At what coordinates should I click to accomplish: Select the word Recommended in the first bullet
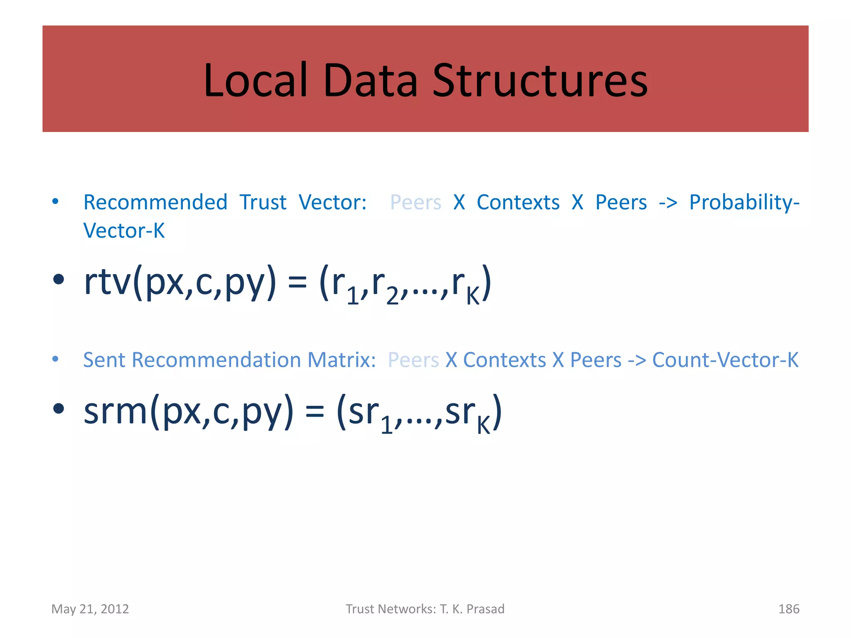155,203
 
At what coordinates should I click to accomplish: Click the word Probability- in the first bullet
744,203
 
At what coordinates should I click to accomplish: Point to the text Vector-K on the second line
124,231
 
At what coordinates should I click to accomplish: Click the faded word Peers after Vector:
416,203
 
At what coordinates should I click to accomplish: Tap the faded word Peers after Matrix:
413,360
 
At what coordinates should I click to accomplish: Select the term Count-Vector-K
725,360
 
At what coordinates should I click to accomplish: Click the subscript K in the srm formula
483,425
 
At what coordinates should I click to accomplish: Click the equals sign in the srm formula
315,413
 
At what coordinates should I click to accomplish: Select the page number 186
788,609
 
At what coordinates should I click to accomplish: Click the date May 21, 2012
90,609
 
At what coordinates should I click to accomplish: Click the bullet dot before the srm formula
59,408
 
